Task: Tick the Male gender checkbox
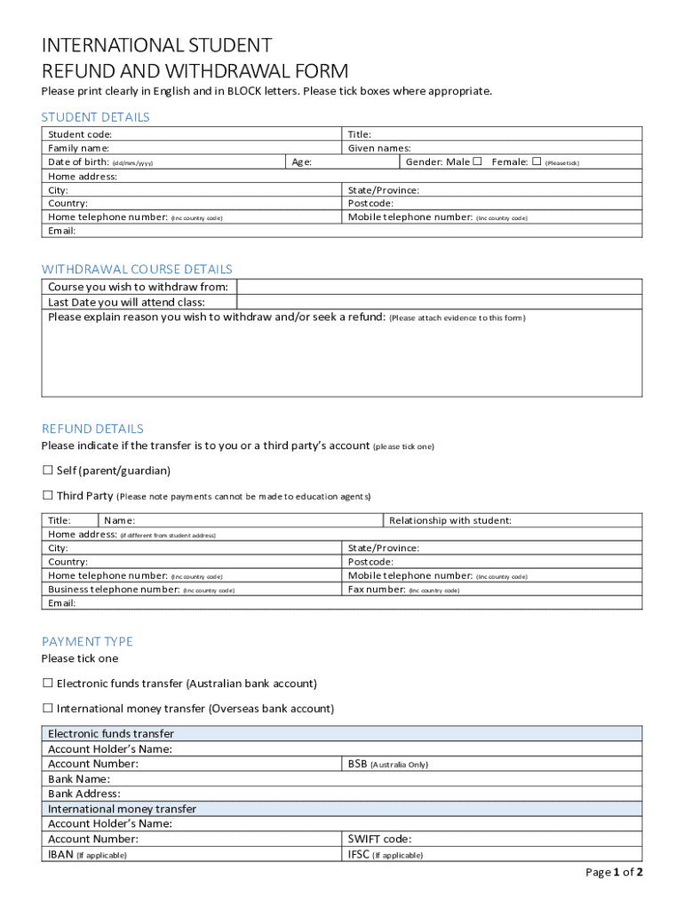pyautogui.click(x=477, y=162)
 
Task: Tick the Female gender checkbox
pyautogui.click(x=536, y=162)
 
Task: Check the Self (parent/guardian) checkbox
pyautogui.click(x=48, y=470)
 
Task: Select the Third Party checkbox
pyautogui.click(x=48, y=495)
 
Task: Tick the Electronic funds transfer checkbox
pyautogui.click(x=48, y=684)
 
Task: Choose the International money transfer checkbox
pyautogui.click(x=48, y=708)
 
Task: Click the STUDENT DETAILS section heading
pyautogui.click(x=95, y=117)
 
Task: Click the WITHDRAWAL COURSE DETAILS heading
pyautogui.click(x=137, y=269)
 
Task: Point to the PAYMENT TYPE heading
pyautogui.click(x=87, y=641)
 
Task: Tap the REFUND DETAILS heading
pyautogui.click(x=92, y=429)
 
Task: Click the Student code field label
pyautogui.click(x=80, y=134)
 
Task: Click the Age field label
pyautogui.click(x=301, y=162)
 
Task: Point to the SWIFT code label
pyautogui.click(x=379, y=839)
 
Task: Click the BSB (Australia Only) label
pyautogui.click(x=387, y=764)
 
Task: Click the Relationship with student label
pyautogui.click(x=449, y=520)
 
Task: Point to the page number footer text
pyautogui.click(x=614, y=873)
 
